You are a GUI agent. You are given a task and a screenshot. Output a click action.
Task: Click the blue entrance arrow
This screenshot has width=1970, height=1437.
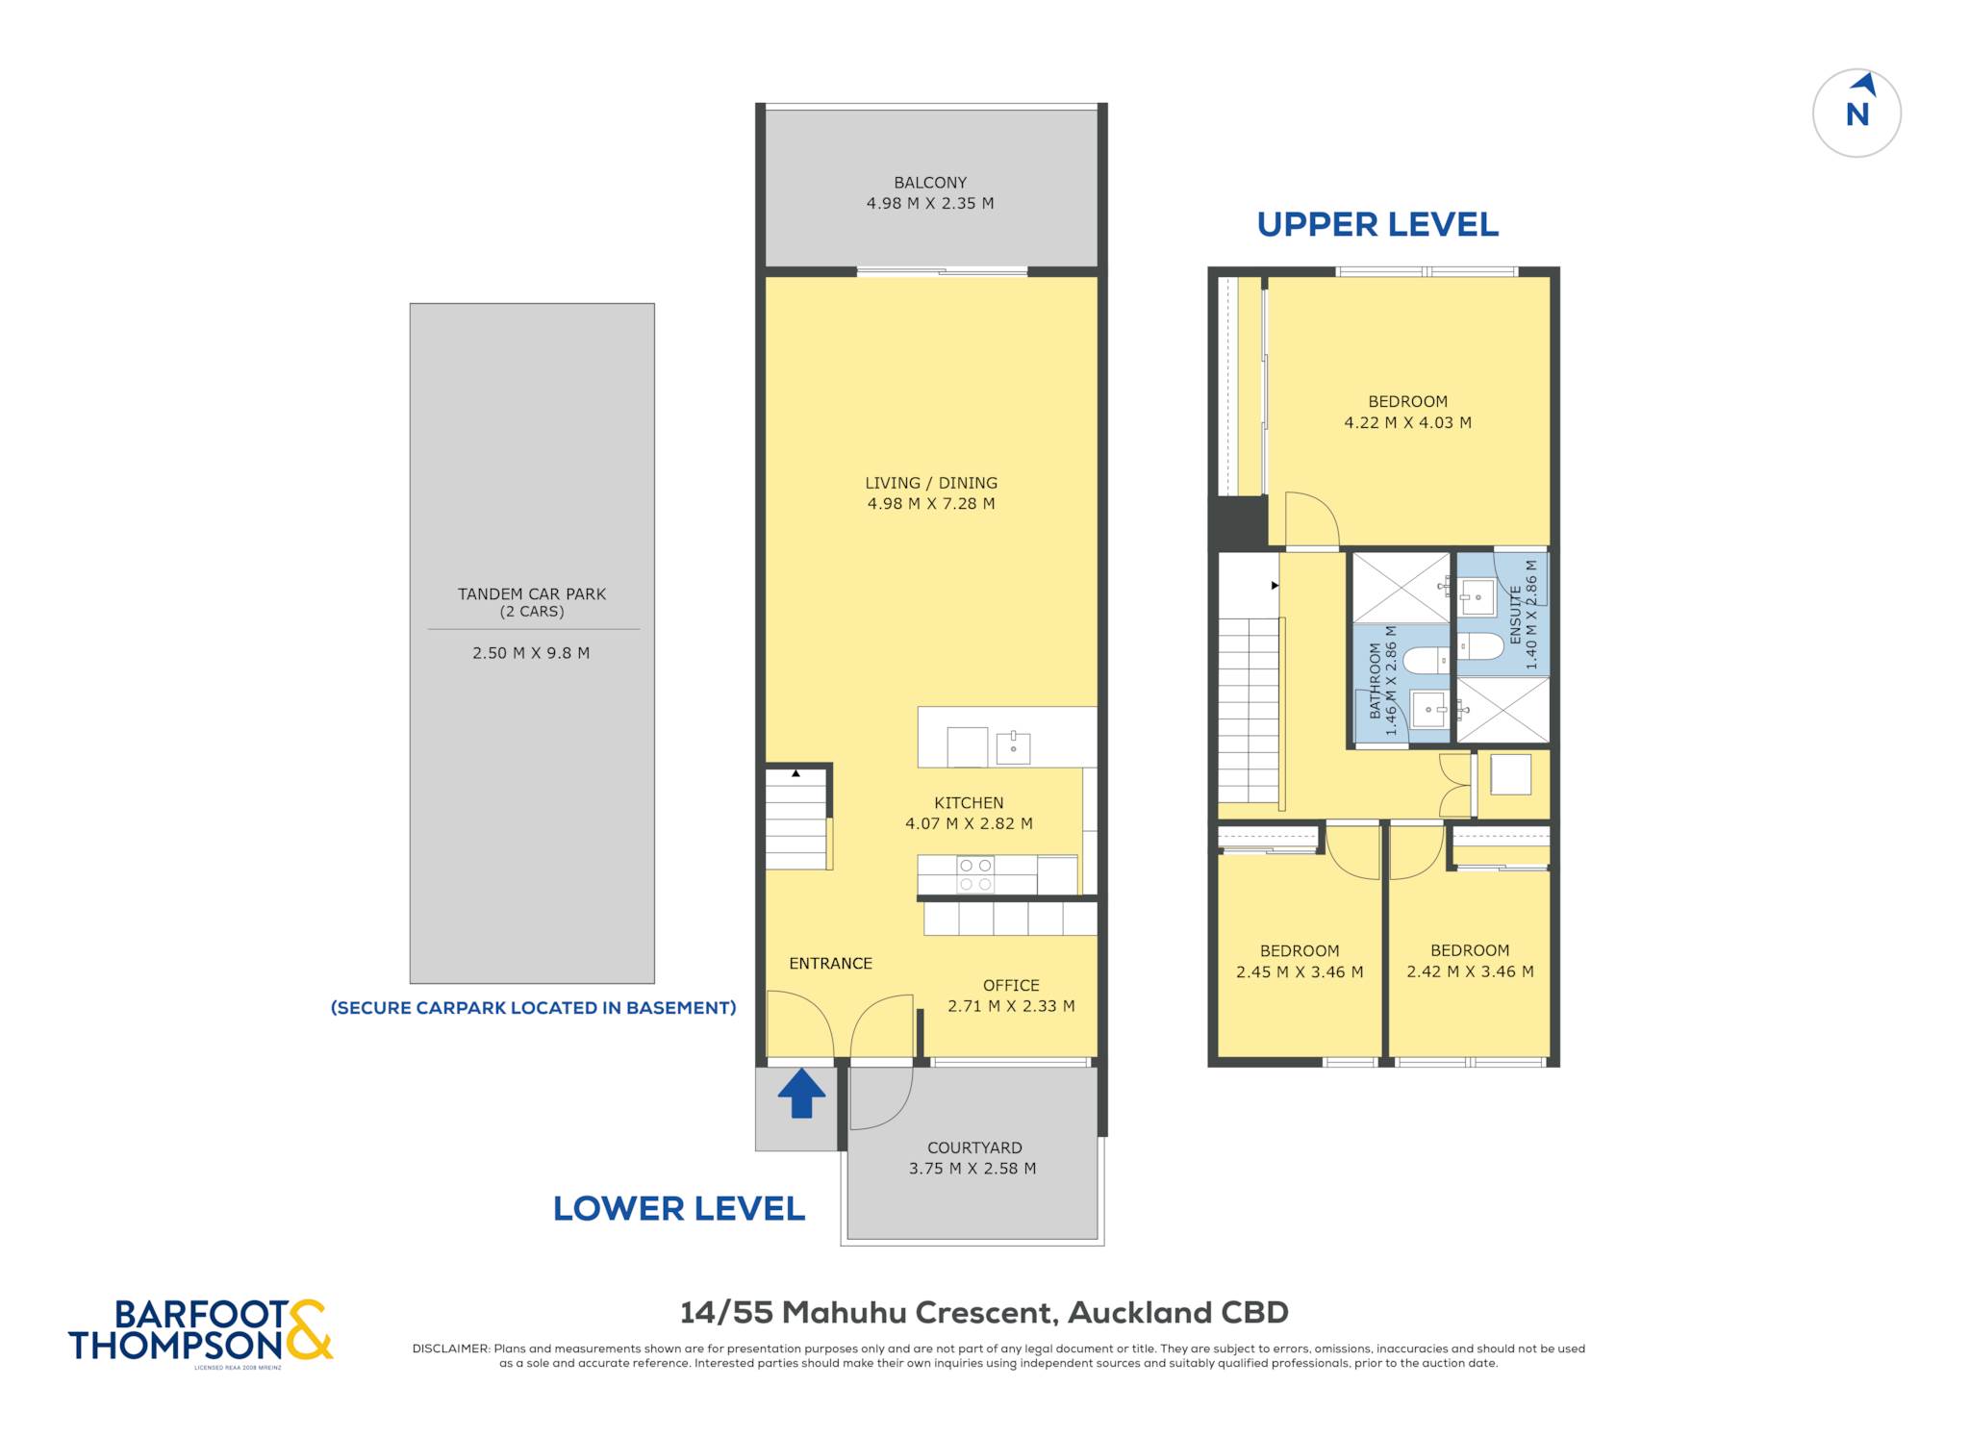pos(801,1094)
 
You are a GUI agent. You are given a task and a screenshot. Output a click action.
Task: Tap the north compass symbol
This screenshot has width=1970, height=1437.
pos(1856,113)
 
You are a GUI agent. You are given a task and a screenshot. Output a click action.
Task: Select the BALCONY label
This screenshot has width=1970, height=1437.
pos(930,183)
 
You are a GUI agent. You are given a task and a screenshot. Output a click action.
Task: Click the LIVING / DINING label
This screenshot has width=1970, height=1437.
pos(931,483)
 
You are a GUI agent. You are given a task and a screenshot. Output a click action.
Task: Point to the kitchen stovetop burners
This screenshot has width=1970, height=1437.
pos(975,874)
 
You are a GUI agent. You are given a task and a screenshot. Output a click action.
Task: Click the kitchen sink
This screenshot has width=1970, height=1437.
pos(1013,747)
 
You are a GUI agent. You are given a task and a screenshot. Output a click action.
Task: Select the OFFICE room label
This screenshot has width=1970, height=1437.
pos(1011,985)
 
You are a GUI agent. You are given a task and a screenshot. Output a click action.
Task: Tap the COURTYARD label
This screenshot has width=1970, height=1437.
pos(974,1147)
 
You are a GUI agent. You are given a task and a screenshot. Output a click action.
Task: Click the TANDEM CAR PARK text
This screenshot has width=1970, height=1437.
pos(532,594)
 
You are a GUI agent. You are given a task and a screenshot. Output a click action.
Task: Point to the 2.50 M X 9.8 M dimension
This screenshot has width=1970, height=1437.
pos(531,653)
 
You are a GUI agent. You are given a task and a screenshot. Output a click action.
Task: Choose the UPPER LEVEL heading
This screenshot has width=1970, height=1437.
pos(1377,224)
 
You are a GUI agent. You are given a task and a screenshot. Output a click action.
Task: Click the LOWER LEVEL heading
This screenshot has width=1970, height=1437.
pos(678,1208)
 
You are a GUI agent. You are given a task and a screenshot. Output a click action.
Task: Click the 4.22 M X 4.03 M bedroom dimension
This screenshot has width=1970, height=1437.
pos(1407,422)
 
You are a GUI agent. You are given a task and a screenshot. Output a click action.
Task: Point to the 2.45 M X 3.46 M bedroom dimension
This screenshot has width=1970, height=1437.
pos(1300,971)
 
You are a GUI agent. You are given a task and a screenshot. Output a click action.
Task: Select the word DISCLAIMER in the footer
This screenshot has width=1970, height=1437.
pos(450,1349)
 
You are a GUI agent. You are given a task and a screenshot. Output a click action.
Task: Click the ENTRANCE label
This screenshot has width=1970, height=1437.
pos(830,963)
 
